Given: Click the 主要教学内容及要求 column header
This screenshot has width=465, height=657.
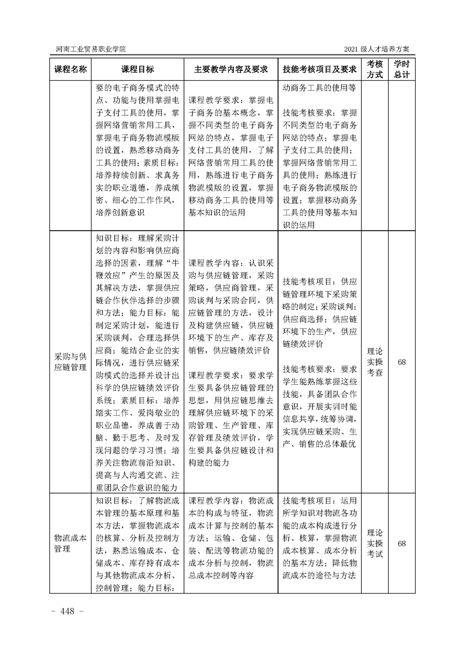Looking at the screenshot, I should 230,69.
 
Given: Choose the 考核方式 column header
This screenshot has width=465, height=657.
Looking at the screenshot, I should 375,69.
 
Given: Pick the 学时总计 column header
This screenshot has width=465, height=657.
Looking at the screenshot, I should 402,69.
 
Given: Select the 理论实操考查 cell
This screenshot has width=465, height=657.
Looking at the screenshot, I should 375,362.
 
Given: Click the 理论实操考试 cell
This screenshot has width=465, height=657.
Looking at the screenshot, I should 375,543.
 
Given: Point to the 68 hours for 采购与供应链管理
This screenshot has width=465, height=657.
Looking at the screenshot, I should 402,362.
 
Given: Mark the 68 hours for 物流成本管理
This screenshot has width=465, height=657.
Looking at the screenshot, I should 402,543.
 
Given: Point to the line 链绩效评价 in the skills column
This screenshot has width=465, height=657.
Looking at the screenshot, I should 303,344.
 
